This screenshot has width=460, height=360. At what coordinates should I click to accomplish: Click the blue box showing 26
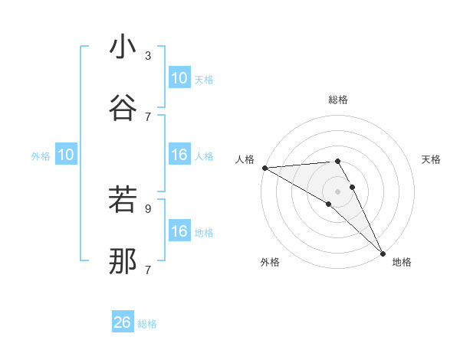pos(123,323)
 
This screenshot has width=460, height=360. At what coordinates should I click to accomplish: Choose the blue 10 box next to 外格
pos(65,155)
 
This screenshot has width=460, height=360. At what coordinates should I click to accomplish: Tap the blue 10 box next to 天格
pos(179,78)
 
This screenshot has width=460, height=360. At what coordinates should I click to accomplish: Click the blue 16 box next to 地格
pos(179,232)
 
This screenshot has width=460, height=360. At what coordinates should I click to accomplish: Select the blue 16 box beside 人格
pos(179,155)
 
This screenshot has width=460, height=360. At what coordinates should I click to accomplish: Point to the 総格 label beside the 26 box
pos(147,324)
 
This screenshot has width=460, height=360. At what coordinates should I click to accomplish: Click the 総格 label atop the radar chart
pos(338,100)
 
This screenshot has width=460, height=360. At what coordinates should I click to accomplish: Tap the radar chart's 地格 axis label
pos(402,262)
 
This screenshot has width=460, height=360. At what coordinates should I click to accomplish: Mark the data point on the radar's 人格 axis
pos(264,167)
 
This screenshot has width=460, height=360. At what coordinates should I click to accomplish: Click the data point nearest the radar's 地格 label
pos(383,253)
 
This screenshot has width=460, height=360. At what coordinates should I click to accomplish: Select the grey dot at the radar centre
pos(338,191)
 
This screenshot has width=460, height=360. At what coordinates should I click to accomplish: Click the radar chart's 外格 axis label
pos(270,262)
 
